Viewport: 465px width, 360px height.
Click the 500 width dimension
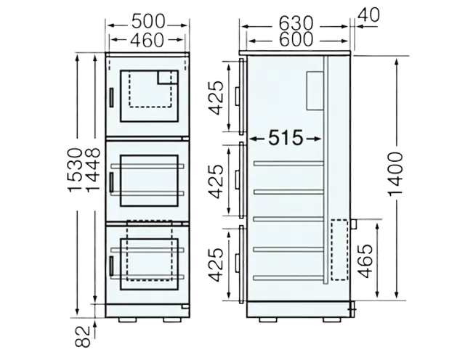coord(148,21)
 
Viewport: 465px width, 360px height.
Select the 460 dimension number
coord(147,41)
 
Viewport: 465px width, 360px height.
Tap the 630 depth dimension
coord(296,23)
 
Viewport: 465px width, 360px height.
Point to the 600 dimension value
coord(296,39)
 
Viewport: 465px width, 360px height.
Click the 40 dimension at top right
coord(368,15)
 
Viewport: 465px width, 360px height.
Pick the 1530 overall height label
coord(75,170)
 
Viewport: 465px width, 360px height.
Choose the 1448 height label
coord(92,170)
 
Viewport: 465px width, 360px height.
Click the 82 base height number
coord(82,336)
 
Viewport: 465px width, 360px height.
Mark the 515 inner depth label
coord(286,138)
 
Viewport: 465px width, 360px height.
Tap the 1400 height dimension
coord(395,174)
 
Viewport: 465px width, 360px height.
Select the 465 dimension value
coord(365,261)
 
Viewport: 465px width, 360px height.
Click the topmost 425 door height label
coord(216,97)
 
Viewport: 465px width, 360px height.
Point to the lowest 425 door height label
coord(216,265)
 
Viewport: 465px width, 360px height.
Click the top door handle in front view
coord(111,97)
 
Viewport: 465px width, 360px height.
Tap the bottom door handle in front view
coord(111,266)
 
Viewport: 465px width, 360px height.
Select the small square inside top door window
coord(168,78)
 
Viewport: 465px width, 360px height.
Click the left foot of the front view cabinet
coord(128,319)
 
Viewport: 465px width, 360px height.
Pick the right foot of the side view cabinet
coord(332,319)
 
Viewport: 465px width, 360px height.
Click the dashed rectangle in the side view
coord(339,250)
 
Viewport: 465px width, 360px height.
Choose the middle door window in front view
coord(149,181)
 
